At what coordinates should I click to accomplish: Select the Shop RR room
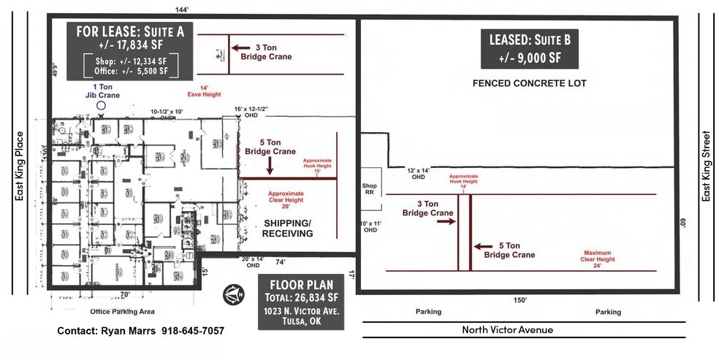[370, 188]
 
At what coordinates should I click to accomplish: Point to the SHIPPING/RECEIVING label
[288, 228]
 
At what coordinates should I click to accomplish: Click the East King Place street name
[20, 166]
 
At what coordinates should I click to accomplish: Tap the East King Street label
[706, 166]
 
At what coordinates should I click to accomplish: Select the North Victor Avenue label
[507, 330]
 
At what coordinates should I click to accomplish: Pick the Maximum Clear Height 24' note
[603, 256]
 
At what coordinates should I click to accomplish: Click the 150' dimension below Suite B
[520, 300]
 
